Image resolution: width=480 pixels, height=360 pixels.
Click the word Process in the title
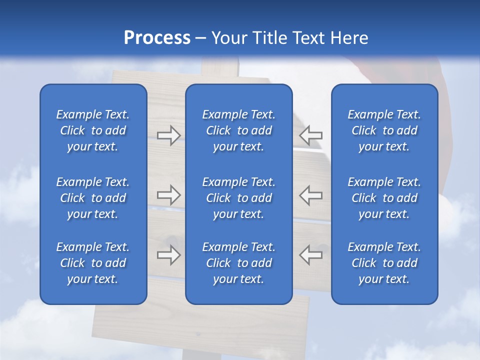pos(157,38)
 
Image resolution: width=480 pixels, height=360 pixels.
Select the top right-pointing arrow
pos(168,135)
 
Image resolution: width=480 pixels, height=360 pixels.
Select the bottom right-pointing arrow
pos(168,255)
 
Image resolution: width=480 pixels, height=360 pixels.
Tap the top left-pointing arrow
pos(311,135)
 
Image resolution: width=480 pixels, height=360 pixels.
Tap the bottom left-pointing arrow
pos(311,255)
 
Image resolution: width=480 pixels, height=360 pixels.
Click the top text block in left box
pos(93,130)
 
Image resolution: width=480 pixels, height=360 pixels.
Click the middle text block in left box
pos(93,198)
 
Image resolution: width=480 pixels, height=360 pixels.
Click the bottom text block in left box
pos(93,263)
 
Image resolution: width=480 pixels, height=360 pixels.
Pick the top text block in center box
pos(238,130)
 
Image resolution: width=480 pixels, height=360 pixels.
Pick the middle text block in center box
pos(238,198)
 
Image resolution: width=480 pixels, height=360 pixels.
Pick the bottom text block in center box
pos(238,263)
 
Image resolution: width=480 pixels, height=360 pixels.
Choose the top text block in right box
pos(384,130)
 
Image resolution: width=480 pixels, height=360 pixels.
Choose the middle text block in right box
pos(384,198)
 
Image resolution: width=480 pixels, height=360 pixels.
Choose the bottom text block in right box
pos(384,263)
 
